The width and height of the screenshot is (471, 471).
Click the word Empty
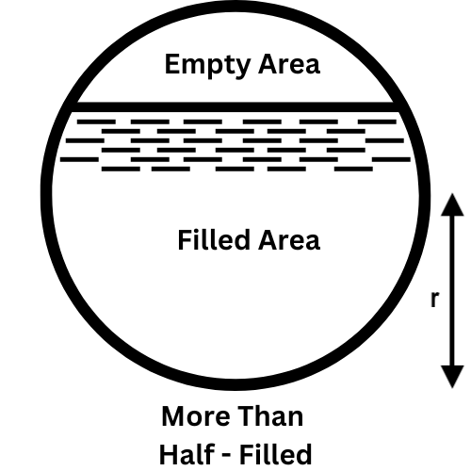(x=207, y=65)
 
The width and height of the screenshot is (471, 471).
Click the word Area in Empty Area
(x=289, y=64)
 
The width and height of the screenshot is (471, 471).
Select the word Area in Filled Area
(x=289, y=240)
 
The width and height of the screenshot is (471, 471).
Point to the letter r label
(x=434, y=299)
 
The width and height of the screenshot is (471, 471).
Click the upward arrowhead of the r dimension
(x=452, y=204)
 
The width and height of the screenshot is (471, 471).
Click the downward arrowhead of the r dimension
(x=452, y=377)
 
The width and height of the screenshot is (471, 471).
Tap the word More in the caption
(x=196, y=416)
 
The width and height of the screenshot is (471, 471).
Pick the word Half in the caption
(x=187, y=454)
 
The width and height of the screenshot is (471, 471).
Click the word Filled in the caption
(x=276, y=454)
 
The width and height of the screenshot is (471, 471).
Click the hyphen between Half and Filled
(x=227, y=456)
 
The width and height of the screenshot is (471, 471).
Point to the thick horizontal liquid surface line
(x=235, y=107)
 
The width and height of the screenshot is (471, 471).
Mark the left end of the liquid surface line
(x=72, y=107)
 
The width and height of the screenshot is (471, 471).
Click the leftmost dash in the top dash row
(x=96, y=122)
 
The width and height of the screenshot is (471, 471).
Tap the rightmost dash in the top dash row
(x=378, y=122)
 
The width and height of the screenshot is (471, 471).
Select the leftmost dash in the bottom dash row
(x=121, y=169)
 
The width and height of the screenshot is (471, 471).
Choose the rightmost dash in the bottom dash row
(x=353, y=169)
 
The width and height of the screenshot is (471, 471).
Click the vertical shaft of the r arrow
(x=452, y=290)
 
